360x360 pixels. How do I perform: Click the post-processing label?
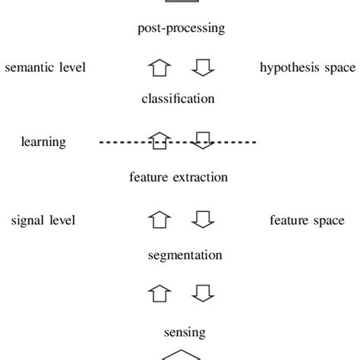[x=182, y=29]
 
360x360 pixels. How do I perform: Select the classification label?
[x=178, y=99]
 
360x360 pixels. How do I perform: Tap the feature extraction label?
[x=178, y=178]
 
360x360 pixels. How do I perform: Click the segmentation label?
[x=185, y=255]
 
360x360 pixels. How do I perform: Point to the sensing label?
[x=185, y=332]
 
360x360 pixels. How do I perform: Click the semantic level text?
[x=46, y=68]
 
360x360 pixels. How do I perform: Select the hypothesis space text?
[x=307, y=68]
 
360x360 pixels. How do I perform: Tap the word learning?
[x=43, y=142]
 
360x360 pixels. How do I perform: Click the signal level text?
[x=43, y=220]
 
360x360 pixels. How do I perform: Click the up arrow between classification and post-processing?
[x=159, y=68]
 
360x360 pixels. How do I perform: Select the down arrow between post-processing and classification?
[x=203, y=68]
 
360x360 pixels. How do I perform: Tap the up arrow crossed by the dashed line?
[x=159, y=141]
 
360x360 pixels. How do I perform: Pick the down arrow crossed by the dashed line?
[x=203, y=141]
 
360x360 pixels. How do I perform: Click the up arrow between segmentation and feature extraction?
[x=159, y=220]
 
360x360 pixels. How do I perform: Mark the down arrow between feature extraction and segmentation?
[x=203, y=220]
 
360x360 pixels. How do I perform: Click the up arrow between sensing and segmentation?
[x=159, y=292]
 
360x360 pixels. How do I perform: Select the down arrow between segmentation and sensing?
[x=203, y=292]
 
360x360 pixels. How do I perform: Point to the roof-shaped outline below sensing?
[x=180, y=355]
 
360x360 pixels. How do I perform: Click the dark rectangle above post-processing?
[x=181, y=2]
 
